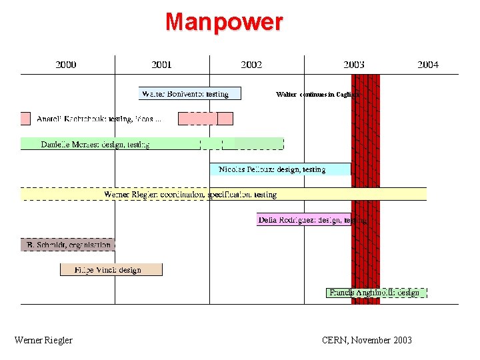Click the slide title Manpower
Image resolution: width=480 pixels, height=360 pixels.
pyautogui.click(x=224, y=22)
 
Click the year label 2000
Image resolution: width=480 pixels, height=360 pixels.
pyautogui.click(x=65, y=65)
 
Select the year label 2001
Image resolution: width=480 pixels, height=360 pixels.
pyautogui.click(x=161, y=65)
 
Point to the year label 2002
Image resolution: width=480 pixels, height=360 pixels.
pyautogui.click(x=251, y=65)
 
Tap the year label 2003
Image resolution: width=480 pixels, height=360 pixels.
pyautogui.click(x=354, y=65)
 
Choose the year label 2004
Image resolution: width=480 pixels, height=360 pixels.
pyautogui.click(x=428, y=65)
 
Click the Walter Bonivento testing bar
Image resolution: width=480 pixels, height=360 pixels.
pyautogui.click(x=190, y=94)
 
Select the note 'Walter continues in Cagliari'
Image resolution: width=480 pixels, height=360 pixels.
pyautogui.click(x=318, y=95)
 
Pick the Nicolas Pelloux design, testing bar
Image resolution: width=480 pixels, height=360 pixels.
pyautogui.click(x=280, y=169)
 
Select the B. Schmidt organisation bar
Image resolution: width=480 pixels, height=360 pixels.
pyautogui.click(x=67, y=245)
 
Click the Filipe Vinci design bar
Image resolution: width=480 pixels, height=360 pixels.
pyautogui.click(x=111, y=269)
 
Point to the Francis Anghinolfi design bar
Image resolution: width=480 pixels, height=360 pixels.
pyautogui.click(x=376, y=293)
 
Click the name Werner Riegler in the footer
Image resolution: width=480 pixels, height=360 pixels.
pyautogui.click(x=43, y=340)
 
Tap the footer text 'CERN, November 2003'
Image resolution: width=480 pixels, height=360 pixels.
pyautogui.click(x=367, y=340)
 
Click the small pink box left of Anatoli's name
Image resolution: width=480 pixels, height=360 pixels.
pyautogui.click(x=25, y=119)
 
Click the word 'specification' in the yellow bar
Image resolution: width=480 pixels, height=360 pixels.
pyautogui.click(x=231, y=195)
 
